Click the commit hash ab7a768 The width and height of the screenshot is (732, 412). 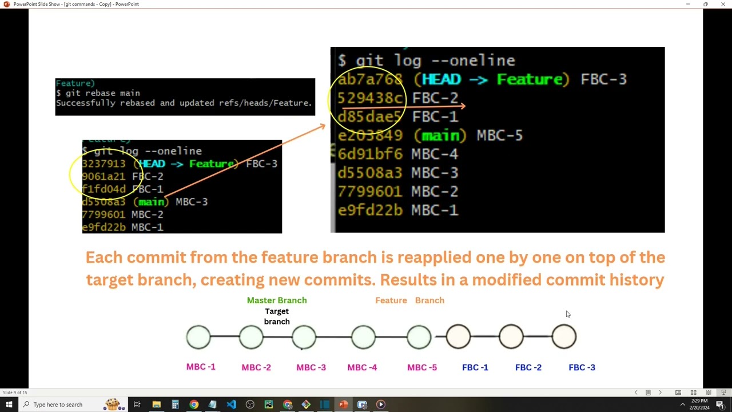point(369,80)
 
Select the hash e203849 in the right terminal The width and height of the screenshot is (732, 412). point(370,136)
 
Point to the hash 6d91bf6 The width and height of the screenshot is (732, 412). point(369,154)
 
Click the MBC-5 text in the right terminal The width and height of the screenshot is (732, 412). point(499,136)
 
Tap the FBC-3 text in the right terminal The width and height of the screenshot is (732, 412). point(603,80)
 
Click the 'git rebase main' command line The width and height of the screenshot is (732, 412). point(98,93)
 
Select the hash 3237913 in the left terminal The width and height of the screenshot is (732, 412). point(104,164)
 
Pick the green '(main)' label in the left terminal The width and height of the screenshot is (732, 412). point(151,202)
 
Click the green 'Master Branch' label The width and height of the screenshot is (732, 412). point(277,300)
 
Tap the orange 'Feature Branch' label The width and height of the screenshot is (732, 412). point(409,300)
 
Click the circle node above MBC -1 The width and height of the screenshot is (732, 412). point(198,337)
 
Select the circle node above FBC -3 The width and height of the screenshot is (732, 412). point(564,337)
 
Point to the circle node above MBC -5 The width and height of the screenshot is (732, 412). point(419,337)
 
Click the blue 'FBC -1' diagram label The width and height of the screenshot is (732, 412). point(475,367)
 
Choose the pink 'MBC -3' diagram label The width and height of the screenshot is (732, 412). point(311,367)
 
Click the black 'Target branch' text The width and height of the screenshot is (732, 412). point(277,316)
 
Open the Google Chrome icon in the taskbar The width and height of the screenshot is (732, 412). point(194,405)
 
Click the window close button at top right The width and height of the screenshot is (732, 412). point(723,4)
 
